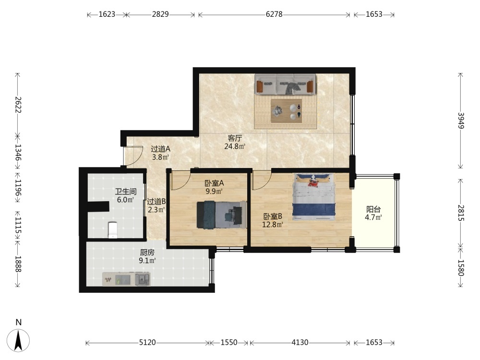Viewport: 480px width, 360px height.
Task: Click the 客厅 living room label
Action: (235, 138)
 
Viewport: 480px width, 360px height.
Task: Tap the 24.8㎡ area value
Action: (235, 146)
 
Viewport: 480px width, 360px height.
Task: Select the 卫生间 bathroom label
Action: (125, 192)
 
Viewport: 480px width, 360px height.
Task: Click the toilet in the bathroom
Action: (113, 230)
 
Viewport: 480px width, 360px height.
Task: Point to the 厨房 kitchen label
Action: (147, 252)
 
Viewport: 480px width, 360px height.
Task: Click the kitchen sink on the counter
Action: (143, 279)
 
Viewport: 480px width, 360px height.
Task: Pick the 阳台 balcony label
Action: (373, 209)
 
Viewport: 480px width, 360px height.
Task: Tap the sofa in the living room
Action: (285, 84)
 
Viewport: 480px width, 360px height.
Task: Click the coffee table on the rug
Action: (286, 110)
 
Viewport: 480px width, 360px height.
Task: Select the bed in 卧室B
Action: (314, 197)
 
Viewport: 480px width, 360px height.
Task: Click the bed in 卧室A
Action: (222, 215)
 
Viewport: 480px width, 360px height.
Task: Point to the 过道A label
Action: (160, 149)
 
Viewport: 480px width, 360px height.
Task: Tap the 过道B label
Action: (156, 202)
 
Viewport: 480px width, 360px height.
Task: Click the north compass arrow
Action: (18, 340)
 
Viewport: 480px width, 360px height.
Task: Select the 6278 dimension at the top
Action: (274, 14)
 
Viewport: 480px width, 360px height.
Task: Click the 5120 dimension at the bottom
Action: (147, 342)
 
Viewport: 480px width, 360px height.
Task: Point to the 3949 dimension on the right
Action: (461, 121)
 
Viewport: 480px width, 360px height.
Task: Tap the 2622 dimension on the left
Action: (18, 105)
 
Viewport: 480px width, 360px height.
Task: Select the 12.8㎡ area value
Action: (273, 225)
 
